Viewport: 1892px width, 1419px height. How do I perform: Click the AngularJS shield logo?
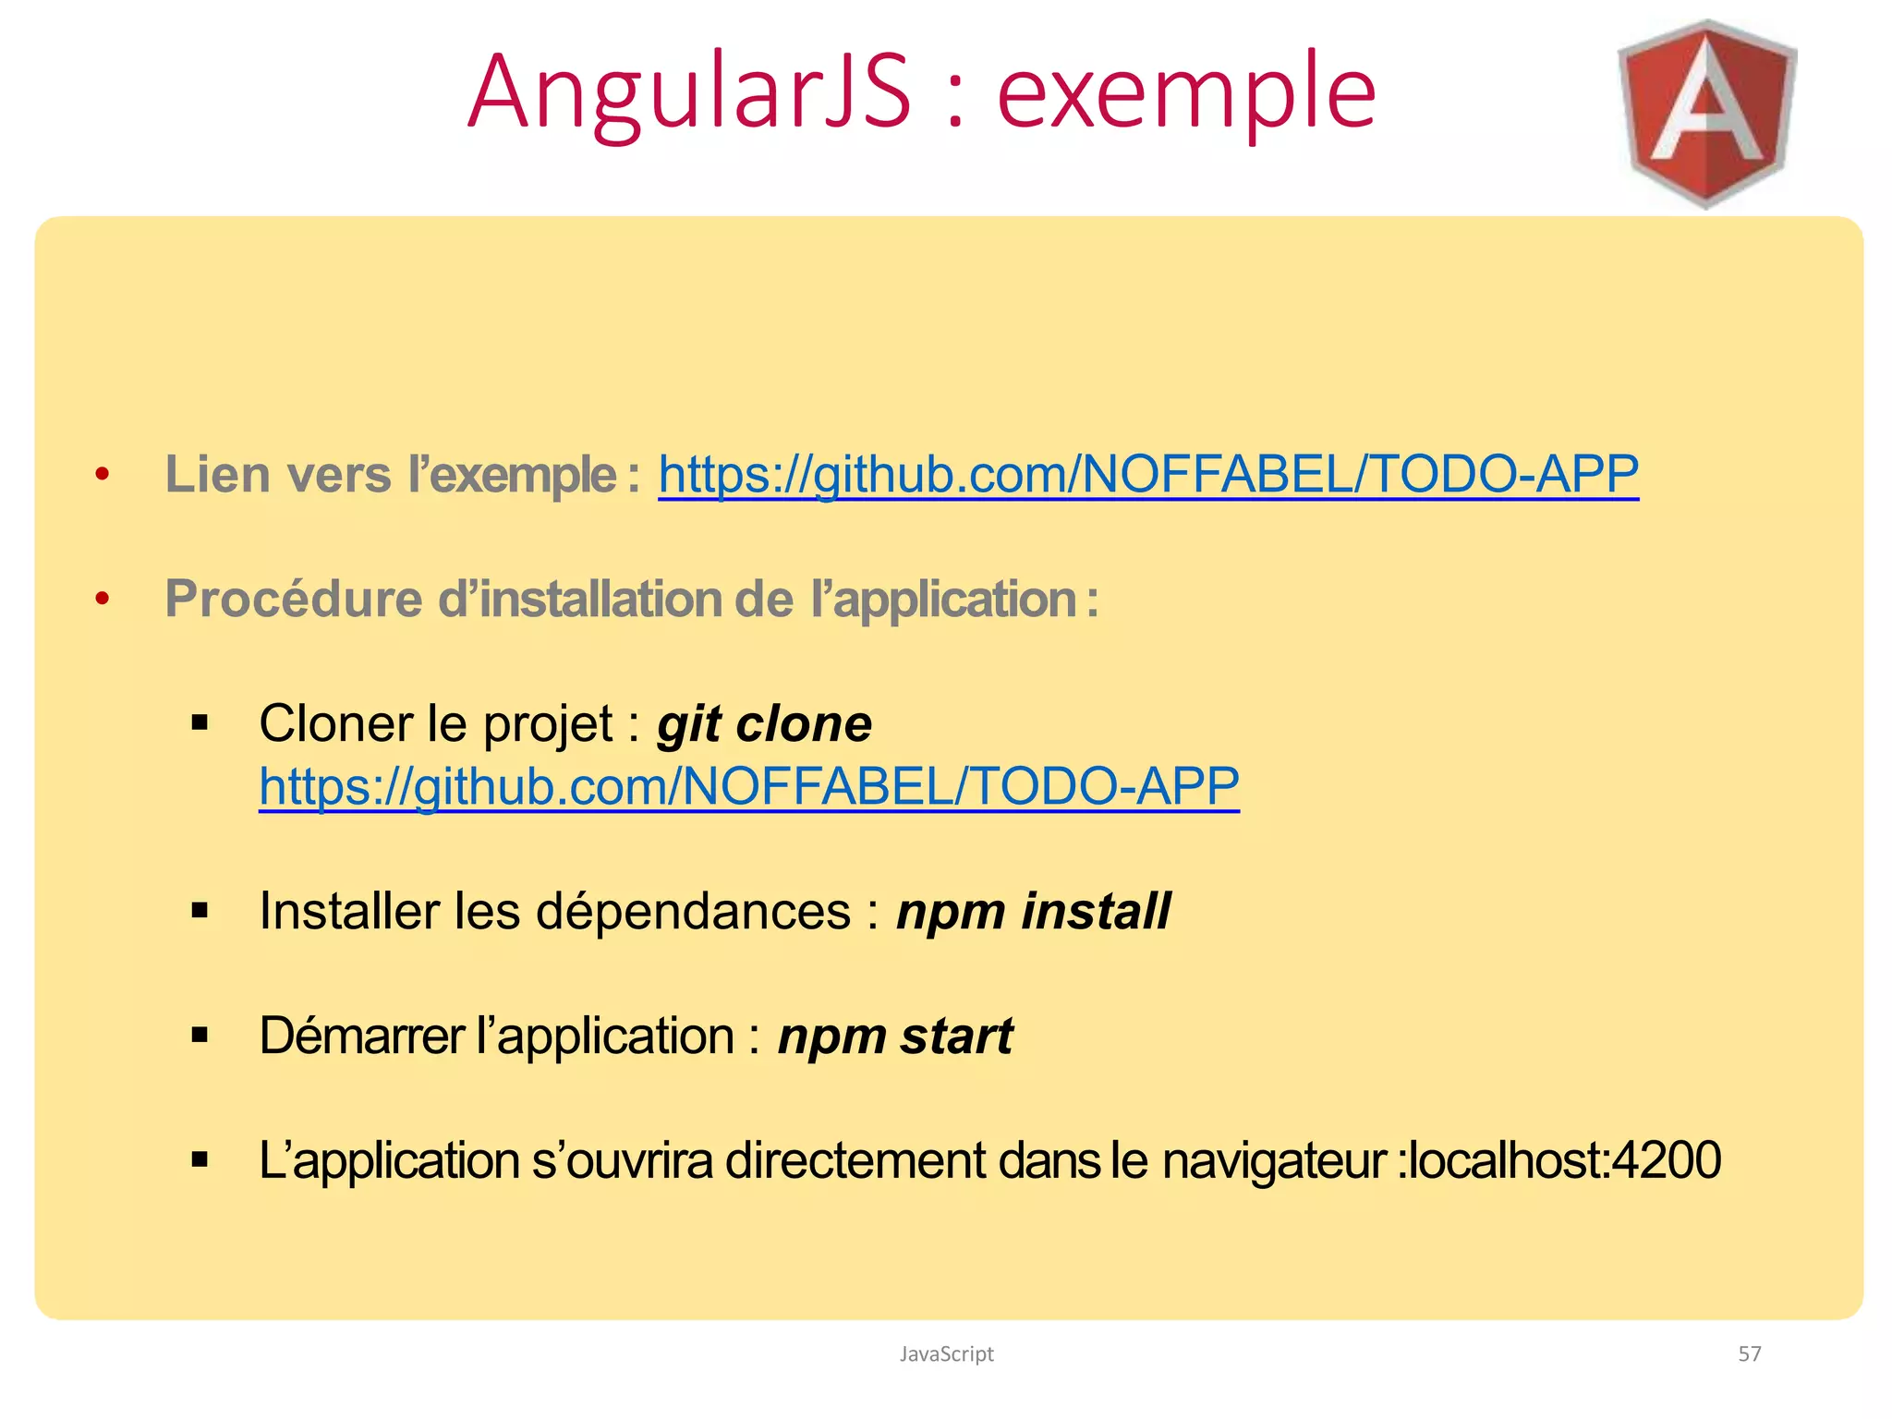(x=1706, y=113)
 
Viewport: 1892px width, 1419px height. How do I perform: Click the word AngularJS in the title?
(x=689, y=92)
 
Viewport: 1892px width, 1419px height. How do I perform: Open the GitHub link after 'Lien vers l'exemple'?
(x=1147, y=475)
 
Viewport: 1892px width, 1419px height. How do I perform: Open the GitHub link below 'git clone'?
(x=748, y=786)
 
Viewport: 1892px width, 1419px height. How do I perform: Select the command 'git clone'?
(x=764, y=723)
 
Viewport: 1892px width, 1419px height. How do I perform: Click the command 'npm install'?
(x=1033, y=911)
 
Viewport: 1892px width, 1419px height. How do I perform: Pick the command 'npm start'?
(x=894, y=1036)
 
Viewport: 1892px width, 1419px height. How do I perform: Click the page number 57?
(x=1750, y=1353)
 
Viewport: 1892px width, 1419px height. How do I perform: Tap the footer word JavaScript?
(x=946, y=1353)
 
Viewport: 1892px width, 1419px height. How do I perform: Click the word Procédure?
(x=294, y=599)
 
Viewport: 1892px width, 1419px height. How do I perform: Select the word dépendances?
(x=693, y=911)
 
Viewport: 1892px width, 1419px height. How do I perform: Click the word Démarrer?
(x=361, y=1036)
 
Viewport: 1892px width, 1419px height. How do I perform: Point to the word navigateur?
(x=1274, y=1160)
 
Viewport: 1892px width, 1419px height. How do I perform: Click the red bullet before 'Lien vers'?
(x=103, y=475)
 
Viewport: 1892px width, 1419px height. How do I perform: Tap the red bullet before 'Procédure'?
(x=103, y=599)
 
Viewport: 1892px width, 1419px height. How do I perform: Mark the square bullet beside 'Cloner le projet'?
(x=200, y=723)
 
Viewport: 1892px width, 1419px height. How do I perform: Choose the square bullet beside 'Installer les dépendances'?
(x=200, y=911)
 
